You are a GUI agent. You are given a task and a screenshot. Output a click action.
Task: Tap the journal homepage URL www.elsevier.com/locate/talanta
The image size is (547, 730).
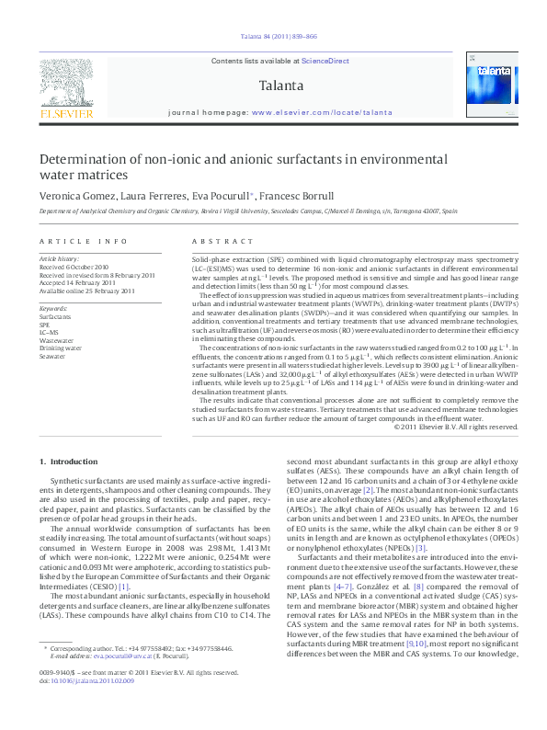(x=322, y=111)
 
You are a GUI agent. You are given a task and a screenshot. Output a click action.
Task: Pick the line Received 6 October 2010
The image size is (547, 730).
(x=81, y=267)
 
